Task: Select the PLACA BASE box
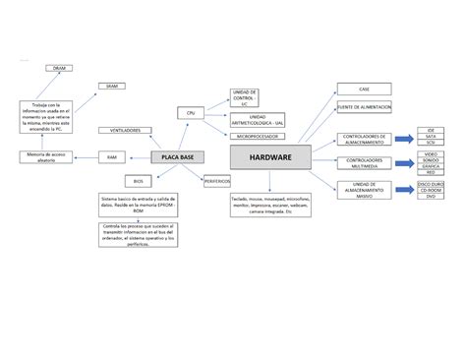point(171,157)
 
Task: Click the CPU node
point(191,113)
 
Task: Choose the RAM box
point(112,157)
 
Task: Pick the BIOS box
point(139,181)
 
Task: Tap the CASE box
point(365,89)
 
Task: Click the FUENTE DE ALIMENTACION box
point(365,106)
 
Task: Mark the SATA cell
point(431,137)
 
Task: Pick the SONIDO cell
point(431,160)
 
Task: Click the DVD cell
point(431,197)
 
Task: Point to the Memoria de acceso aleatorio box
point(46,157)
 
